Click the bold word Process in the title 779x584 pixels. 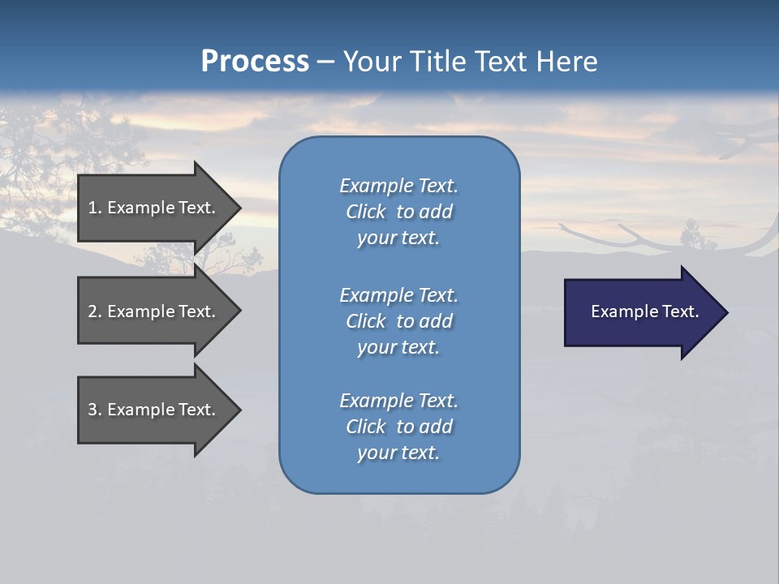click(x=255, y=62)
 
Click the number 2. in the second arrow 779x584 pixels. click(x=94, y=311)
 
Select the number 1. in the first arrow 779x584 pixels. click(x=94, y=208)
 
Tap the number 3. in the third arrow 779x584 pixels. click(x=94, y=410)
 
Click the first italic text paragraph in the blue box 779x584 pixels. click(x=398, y=212)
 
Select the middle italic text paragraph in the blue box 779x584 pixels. click(x=398, y=321)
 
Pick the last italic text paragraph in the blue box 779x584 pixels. click(x=398, y=427)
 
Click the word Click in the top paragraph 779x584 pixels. click(x=366, y=212)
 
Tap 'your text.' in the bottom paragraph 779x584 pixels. click(x=398, y=453)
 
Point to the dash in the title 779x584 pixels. click(x=325, y=62)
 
